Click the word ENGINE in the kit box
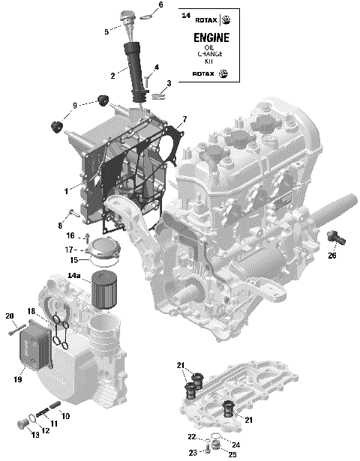[211, 38]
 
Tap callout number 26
[332, 256]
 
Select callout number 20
[10, 315]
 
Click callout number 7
[184, 119]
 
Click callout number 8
[58, 225]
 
